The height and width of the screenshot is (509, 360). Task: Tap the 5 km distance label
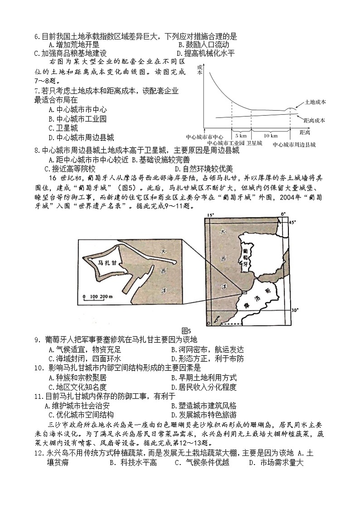coord(241,136)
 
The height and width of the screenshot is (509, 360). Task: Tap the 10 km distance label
coord(270,136)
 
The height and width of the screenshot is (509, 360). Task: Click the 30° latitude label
coord(294,310)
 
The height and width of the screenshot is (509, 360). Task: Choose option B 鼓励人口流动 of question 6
coord(204,44)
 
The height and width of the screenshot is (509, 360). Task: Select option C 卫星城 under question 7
coord(63,128)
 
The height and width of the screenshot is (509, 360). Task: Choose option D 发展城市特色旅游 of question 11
coord(204,415)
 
